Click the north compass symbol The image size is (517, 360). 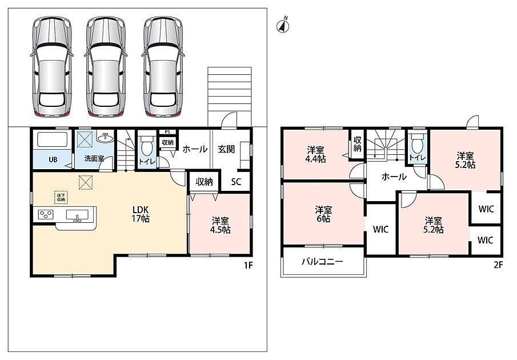[x=283, y=26]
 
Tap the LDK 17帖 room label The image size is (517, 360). [x=141, y=214]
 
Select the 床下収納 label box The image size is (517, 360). [x=61, y=197]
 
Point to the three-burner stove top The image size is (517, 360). [x=46, y=215]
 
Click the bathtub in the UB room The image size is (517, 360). [x=53, y=140]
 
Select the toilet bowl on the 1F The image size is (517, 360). [x=147, y=147]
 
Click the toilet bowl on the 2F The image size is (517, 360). [x=417, y=145]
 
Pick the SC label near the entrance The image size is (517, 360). [x=236, y=182]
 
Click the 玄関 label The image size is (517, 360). [x=226, y=149]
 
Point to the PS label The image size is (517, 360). [x=167, y=132]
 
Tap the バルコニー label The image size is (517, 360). [x=322, y=262]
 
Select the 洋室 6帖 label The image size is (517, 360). [x=323, y=214]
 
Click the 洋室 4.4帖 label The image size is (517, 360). [x=315, y=155]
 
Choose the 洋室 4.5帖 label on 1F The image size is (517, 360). [x=221, y=225]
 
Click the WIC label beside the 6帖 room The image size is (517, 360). [x=380, y=230]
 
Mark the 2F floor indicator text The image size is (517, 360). [x=498, y=265]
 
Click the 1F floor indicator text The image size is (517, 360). [x=248, y=265]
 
